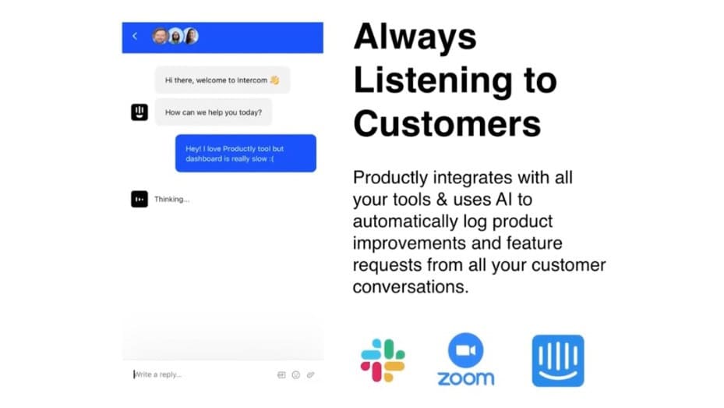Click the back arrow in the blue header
click(x=135, y=36)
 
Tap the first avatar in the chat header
click(x=160, y=36)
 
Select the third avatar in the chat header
click(x=190, y=36)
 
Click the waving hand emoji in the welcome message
click(x=274, y=80)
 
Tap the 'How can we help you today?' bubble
click(x=214, y=112)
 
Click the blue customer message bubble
click(x=245, y=153)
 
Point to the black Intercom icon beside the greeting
click(x=139, y=112)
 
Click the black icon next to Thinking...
click(x=139, y=199)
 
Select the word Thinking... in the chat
click(x=171, y=200)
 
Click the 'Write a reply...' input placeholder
click(x=159, y=374)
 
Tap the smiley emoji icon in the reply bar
click(x=296, y=374)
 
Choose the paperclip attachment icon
click(x=310, y=374)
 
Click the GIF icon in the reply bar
click(x=281, y=374)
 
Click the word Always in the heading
click(x=415, y=37)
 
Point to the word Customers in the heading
click(x=447, y=122)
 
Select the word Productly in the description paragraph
click(x=390, y=178)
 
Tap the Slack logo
click(x=383, y=360)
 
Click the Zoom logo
click(x=465, y=360)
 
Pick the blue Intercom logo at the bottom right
click(x=557, y=360)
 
